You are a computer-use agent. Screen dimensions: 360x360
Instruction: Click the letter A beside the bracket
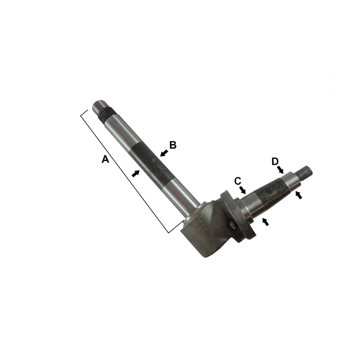pos(105,159)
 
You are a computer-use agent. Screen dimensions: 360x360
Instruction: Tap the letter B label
pos(173,145)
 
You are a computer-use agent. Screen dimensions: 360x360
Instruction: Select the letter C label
pos(238,181)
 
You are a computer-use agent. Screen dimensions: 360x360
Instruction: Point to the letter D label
pos(275,161)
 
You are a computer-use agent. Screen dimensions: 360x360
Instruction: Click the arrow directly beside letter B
pos(164,153)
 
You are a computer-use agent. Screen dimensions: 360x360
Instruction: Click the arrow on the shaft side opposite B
pos(135,174)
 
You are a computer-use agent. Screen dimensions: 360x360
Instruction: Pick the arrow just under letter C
pos(242,189)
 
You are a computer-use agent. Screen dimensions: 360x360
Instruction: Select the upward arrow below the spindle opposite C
pos(265,222)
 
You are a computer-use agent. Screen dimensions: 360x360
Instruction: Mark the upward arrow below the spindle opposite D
pos(298,195)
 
